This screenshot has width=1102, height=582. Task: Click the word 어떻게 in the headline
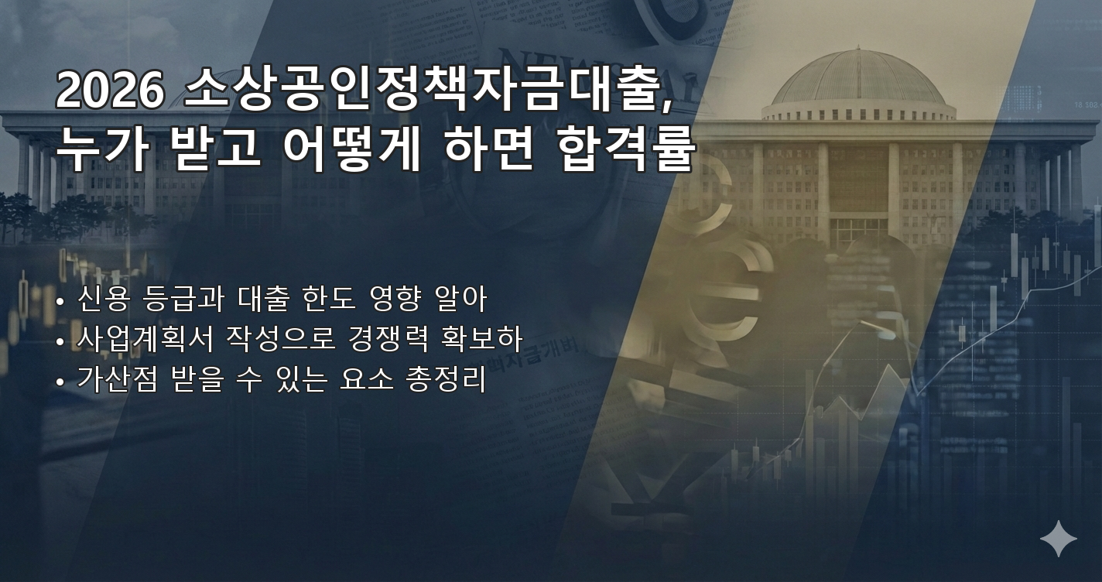tap(351, 149)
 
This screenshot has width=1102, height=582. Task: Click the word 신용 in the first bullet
tap(100, 299)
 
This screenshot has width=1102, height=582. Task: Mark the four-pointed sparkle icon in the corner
tap(1058, 539)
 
